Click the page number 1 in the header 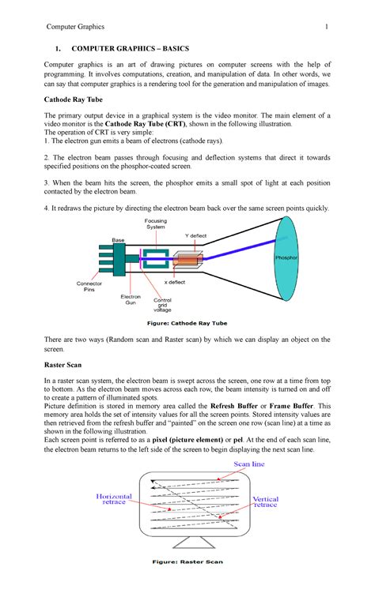tap(325, 28)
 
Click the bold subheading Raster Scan tap(68, 367)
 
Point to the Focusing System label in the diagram tap(155, 223)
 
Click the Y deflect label tap(196, 235)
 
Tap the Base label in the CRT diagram tap(118, 239)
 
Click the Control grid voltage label tap(162, 306)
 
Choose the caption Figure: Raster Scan tap(187, 562)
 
